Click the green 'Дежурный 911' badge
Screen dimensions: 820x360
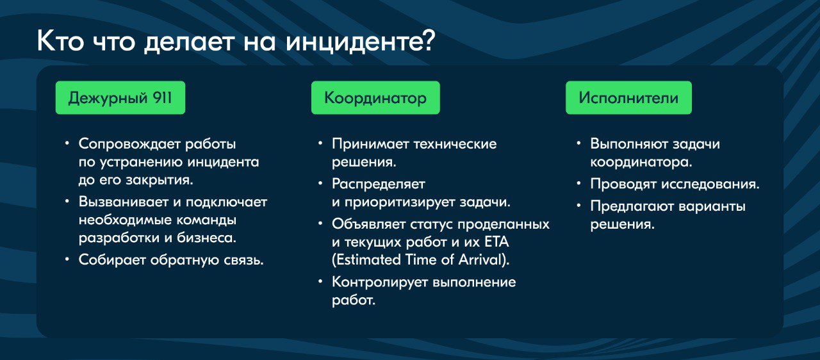(x=120, y=97)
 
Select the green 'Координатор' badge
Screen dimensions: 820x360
(x=375, y=97)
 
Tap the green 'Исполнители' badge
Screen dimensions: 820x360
(x=628, y=97)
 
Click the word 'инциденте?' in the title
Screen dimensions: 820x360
(x=360, y=42)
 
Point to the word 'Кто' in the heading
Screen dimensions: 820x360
(x=60, y=42)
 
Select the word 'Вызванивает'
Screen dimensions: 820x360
(x=124, y=202)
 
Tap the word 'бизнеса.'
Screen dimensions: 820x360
(x=206, y=238)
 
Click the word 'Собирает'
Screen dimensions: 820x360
(x=112, y=260)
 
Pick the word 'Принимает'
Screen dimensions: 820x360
(x=370, y=144)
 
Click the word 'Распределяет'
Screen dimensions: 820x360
(x=379, y=184)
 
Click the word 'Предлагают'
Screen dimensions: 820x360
(x=632, y=206)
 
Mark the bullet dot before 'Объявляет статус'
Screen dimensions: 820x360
(x=320, y=222)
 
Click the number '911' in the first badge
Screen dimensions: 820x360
(x=162, y=97)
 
